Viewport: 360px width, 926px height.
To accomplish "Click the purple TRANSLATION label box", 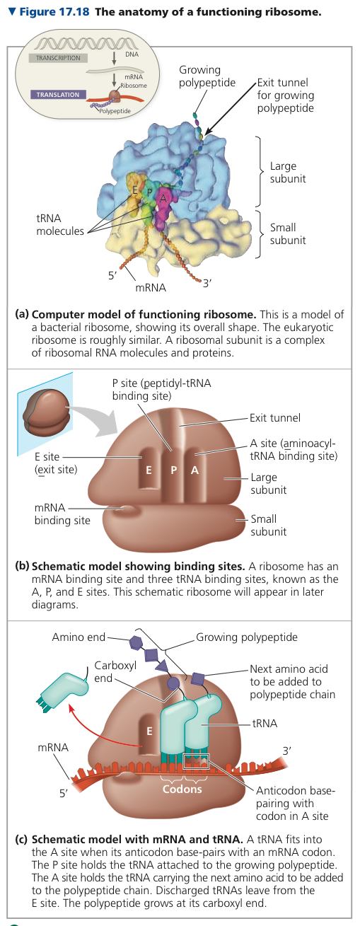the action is click(58, 95).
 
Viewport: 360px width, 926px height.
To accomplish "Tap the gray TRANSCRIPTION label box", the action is click(58, 58).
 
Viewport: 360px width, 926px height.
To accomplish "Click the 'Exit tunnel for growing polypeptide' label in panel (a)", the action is click(285, 95).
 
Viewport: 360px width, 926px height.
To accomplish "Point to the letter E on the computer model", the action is click(135, 190).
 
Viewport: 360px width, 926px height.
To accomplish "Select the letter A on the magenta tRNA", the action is click(163, 198).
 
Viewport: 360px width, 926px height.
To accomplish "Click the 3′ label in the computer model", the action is click(207, 283).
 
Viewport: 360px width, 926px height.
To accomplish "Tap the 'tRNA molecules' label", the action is click(60, 224).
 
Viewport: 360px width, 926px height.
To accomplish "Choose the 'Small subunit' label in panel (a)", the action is click(288, 233).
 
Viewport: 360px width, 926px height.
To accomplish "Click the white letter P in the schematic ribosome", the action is click(174, 470).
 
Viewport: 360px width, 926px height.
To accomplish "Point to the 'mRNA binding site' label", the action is click(62, 514).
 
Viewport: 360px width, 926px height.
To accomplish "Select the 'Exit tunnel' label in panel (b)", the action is click(275, 417).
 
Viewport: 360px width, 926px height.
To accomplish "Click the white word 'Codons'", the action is click(182, 789).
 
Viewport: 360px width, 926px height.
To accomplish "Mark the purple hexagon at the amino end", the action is click(136, 642).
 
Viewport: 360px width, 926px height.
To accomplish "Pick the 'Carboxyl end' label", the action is click(115, 672).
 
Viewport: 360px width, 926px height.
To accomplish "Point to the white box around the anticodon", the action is click(196, 763).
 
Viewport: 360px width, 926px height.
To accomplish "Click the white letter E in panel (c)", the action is click(149, 731).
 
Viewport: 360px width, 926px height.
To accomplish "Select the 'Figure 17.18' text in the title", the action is click(54, 11).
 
